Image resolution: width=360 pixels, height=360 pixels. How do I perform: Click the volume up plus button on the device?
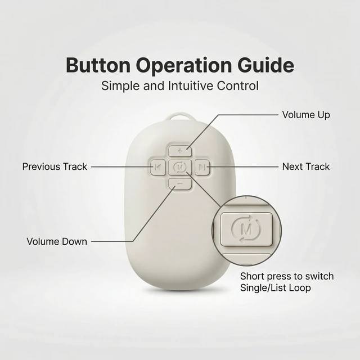tap(180, 151)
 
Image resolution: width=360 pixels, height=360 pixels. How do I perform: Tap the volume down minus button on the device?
tap(180, 184)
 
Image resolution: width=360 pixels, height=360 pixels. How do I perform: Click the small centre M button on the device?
tap(180, 168)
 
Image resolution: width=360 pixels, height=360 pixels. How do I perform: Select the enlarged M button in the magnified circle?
tap(246, 229)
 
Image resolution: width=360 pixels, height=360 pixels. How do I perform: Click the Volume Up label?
tap(306, 115)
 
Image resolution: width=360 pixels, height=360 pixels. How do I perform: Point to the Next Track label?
tap(306, 166)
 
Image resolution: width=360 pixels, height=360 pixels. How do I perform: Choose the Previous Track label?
tap(55, 166)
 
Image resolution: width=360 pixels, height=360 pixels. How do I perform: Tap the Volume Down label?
tap(57, 241)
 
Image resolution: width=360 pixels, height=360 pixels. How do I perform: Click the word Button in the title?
tap(98, 65)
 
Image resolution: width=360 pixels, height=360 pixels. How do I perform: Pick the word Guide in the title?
tap(265, 65)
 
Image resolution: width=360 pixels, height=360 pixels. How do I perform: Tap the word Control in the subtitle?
tap(238, 86)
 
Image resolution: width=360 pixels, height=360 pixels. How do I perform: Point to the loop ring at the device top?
tap(180, 115)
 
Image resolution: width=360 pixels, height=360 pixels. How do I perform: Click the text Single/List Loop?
tap(276, 288)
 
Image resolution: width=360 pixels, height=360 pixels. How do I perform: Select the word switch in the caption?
tap(319, 276)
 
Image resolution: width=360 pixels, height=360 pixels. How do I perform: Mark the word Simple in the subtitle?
tap(120, 86)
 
